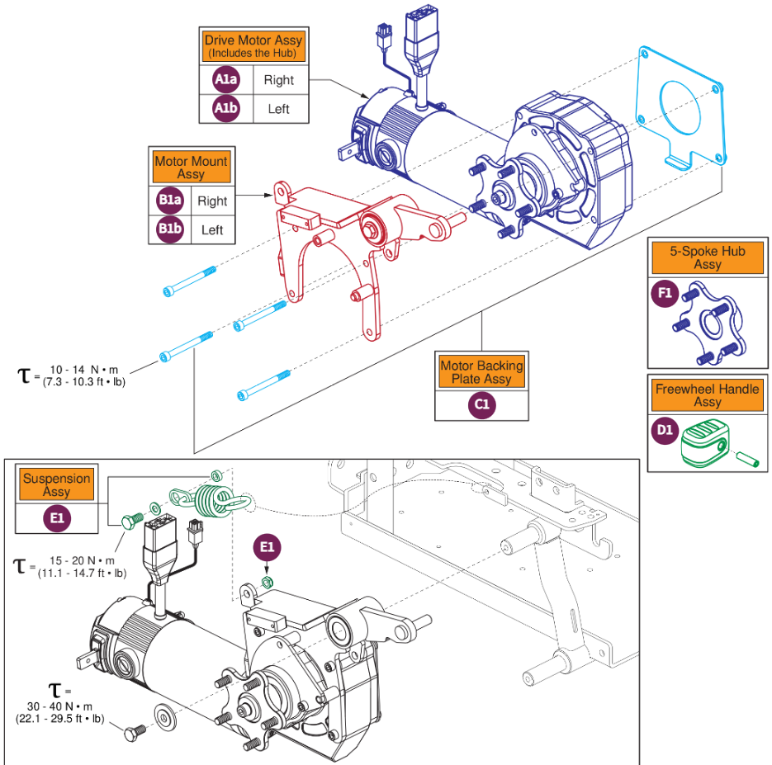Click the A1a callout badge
225,80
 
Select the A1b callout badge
225,108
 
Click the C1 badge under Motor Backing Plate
481,406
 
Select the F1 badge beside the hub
665,295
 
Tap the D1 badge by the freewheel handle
665,432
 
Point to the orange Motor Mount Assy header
191,168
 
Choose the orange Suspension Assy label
57,485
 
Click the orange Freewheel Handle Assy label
707,395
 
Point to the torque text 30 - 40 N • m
69,707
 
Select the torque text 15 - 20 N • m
83,560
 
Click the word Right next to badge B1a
212,201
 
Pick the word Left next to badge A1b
278,108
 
